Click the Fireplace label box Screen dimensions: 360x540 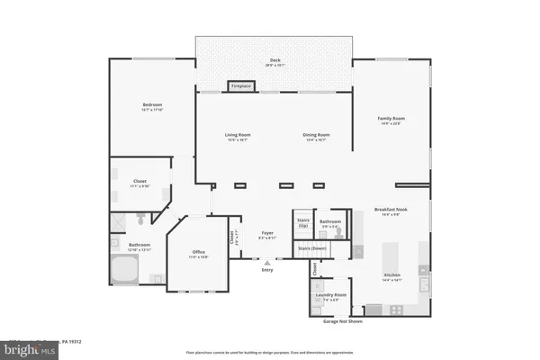click(x=241, y=86)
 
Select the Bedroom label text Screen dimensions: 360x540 click(x=151, y=106)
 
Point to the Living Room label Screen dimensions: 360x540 click(x=237, y=136)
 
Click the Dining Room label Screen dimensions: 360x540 click(x=314, y=136)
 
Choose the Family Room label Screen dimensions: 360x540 click(x=391, y=121)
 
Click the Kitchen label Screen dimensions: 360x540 click(x=391, y=275)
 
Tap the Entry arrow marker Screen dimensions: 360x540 click(x=267, y=263)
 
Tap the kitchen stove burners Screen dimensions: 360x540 click(x=393, y=310)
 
